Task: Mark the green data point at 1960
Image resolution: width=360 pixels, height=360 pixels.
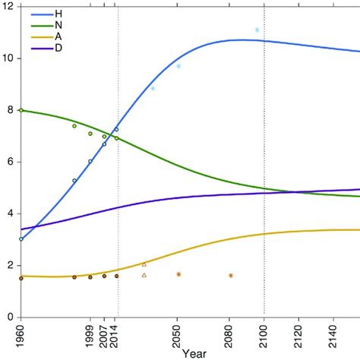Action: (x=21, y=110)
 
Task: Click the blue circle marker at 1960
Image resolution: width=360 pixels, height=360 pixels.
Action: (x=21, y=238)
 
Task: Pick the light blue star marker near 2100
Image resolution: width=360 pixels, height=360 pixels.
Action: (x=257, y=30)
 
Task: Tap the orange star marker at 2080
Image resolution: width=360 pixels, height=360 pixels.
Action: (x=230, y=275)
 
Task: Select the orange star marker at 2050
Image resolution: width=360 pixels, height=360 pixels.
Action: (x=178, y=274)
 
